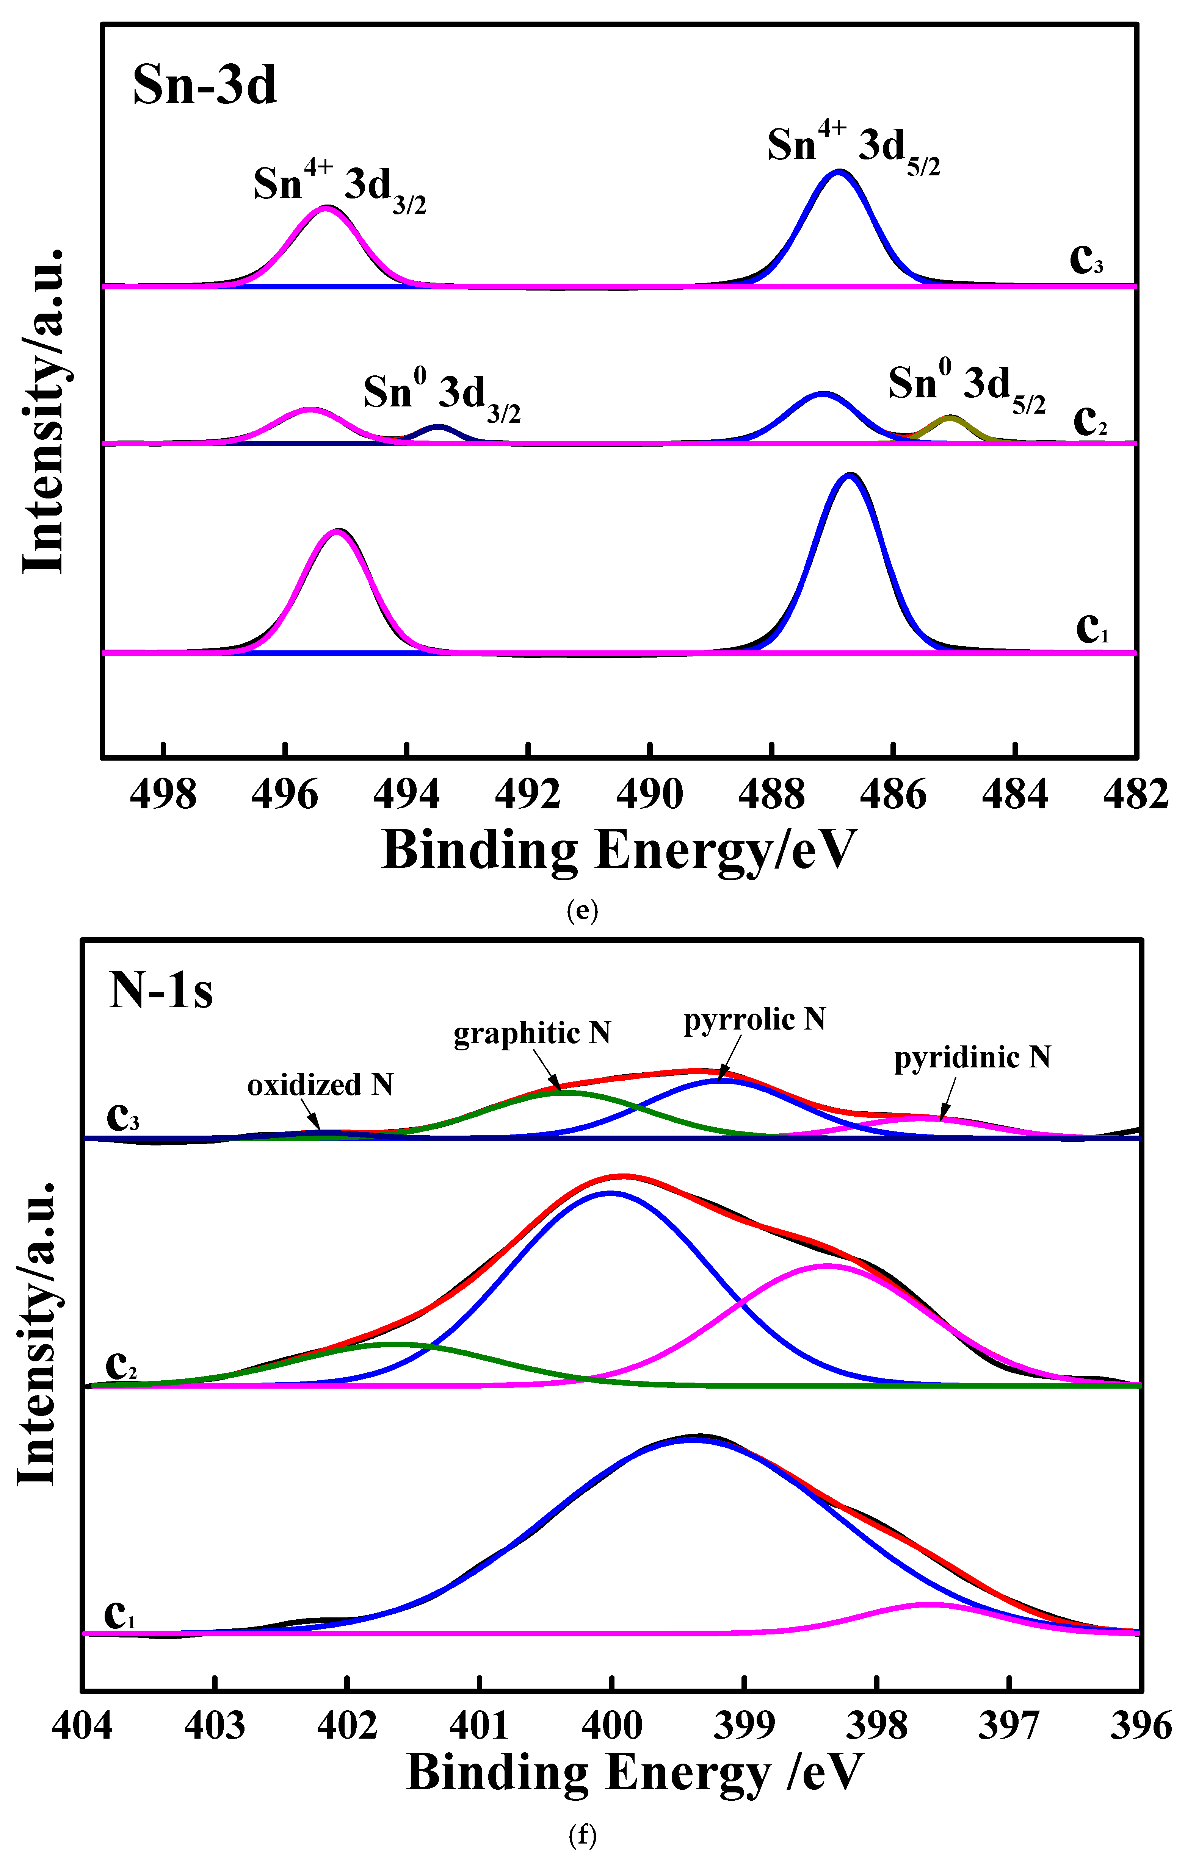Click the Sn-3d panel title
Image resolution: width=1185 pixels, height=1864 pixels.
point(204,85)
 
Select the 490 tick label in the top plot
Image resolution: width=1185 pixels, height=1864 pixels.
point(650,795)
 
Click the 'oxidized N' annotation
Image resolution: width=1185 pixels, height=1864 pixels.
point(320,1085)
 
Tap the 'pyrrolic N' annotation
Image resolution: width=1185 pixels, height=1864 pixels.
point(754,1019)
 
